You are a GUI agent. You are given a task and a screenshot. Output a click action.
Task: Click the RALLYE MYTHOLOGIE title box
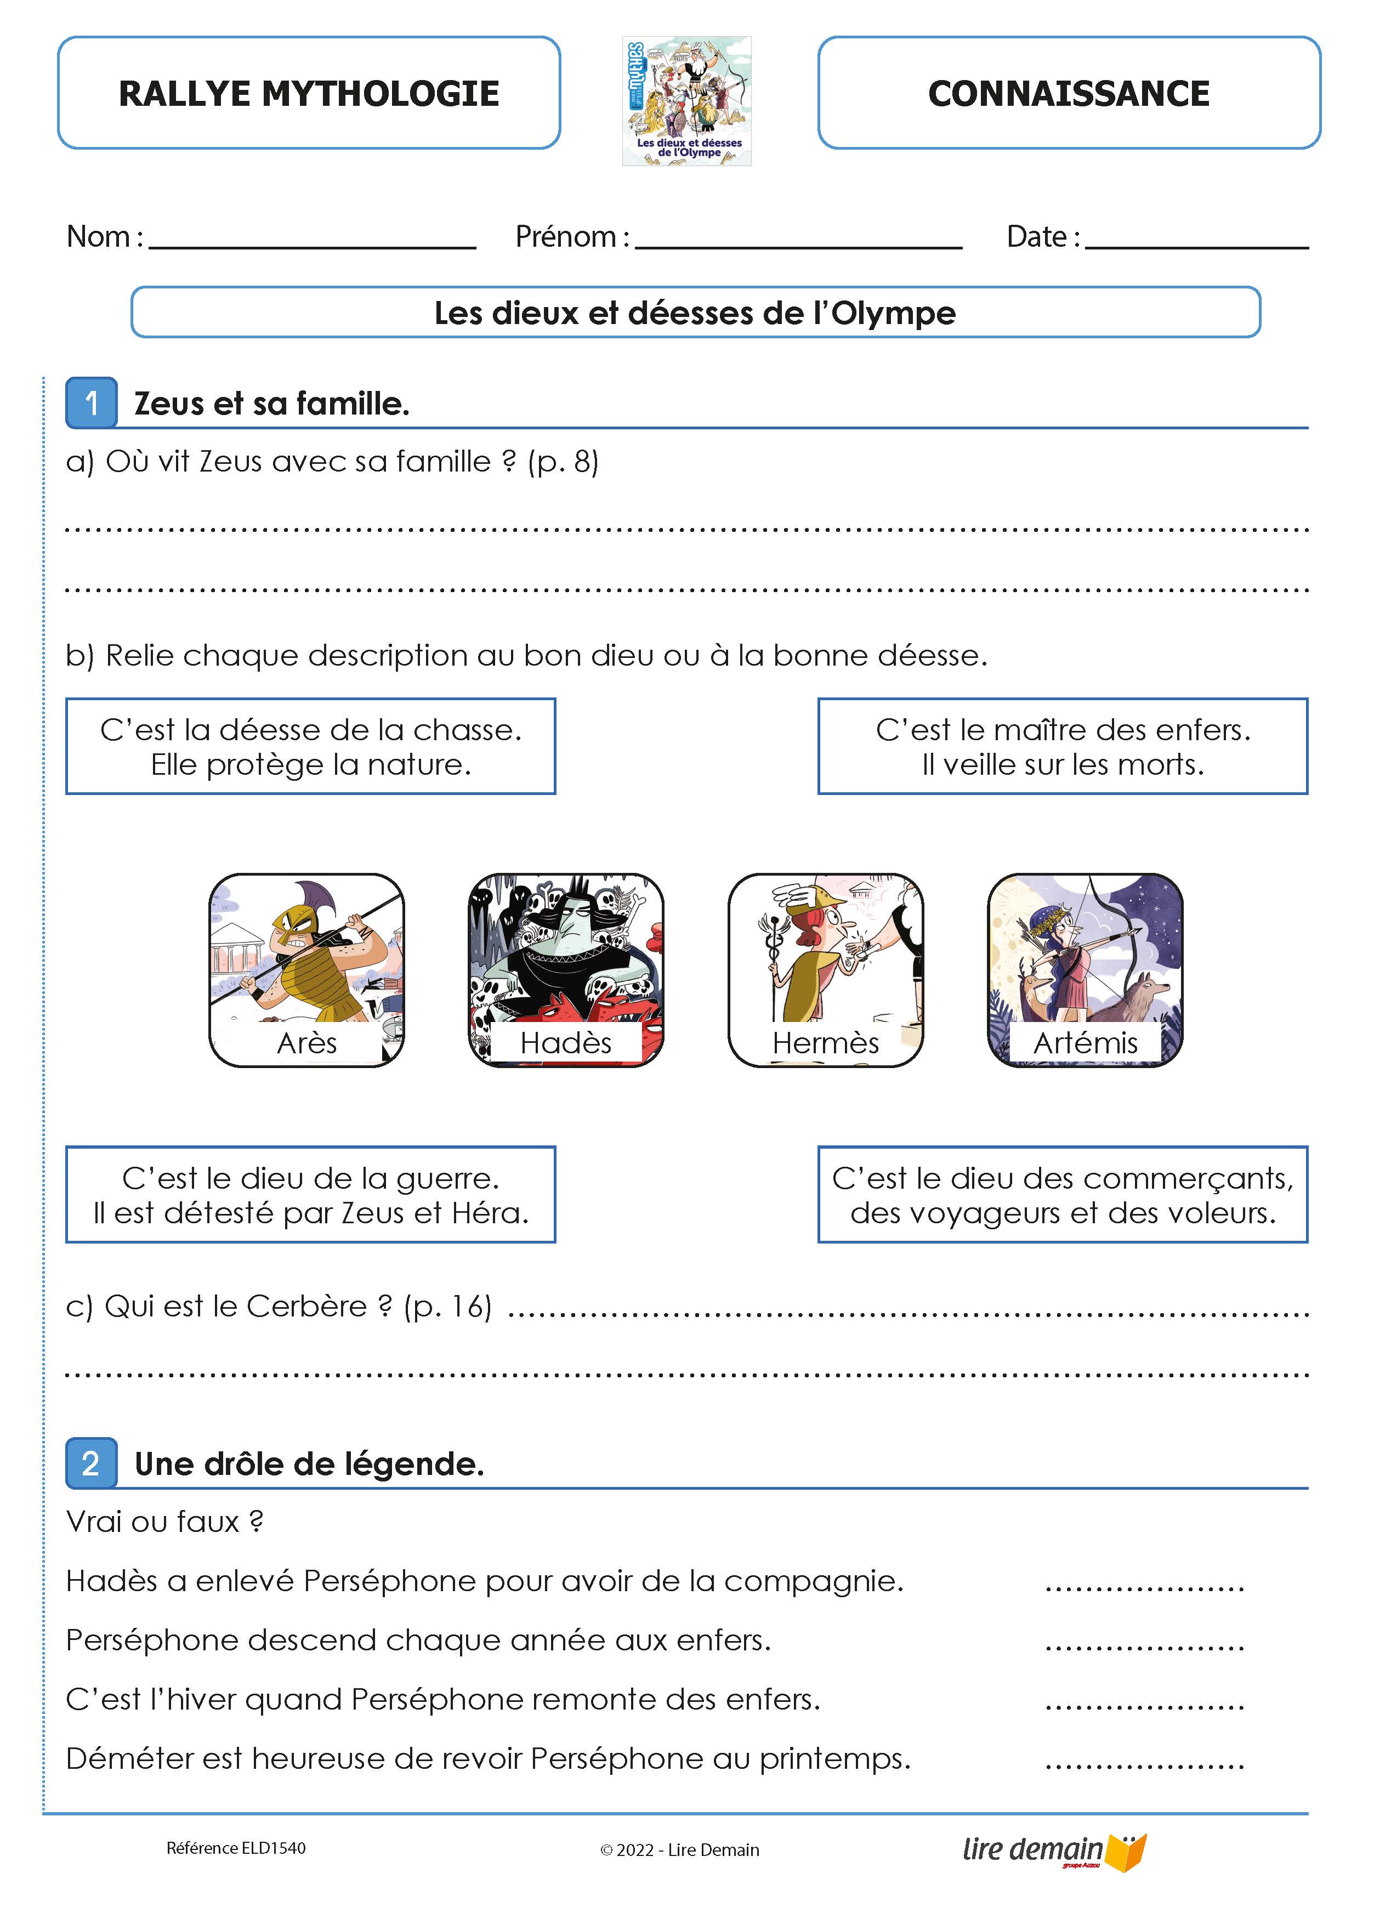tap(309, 93)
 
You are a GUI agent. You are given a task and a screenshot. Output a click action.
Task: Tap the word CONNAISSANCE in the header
tap(1069, 93)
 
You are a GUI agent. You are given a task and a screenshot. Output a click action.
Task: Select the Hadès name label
tap(565, 1042)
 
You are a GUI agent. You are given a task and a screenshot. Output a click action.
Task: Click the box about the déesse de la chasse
tap(310, 746)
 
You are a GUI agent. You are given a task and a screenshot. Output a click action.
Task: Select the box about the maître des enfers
tap(1063, 746)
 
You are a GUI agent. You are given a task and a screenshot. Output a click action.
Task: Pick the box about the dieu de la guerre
tap(310, 1195)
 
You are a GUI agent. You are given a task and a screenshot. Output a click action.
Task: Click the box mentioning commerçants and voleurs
tap(1063, 1195)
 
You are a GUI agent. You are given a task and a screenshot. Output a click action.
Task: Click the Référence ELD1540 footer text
tap(236, 1848)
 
